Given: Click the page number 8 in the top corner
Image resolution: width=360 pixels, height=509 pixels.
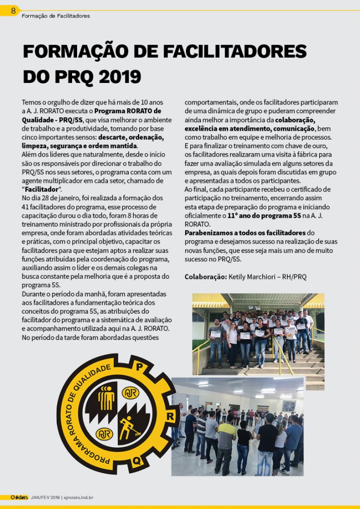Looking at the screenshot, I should click(13, 10).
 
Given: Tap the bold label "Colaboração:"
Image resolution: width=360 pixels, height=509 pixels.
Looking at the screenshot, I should click(205, 277).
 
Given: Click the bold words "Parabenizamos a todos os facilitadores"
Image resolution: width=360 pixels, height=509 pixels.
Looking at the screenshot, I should click(245, 233).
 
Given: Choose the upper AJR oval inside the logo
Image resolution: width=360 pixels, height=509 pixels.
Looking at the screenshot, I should click(130, 393).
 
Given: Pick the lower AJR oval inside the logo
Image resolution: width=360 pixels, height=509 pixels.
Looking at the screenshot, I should click(103, 433).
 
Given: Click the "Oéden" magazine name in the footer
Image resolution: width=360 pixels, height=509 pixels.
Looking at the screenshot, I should click(19, 497).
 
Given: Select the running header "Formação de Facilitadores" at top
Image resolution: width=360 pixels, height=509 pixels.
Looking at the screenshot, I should click(56, 16).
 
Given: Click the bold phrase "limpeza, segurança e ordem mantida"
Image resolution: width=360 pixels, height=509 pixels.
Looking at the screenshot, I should click(80, 146).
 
